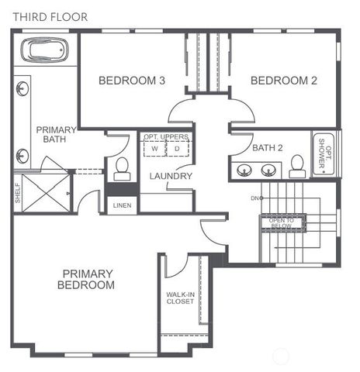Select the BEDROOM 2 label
pos(285,80)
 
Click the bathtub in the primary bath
pos(43,51)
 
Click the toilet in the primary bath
pos(121,167)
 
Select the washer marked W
pos(155,148)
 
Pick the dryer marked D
pos(176,148)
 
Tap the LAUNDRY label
pos(171,176)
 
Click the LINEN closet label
pos(122,205)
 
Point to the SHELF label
pos(17,193)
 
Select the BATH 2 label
pos(268,147)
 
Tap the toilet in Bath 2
pos(296,165)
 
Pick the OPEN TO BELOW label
pos(282,222)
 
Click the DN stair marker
pos(254,198)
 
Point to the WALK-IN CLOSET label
pos(180,298)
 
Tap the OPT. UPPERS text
pos(165,137)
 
